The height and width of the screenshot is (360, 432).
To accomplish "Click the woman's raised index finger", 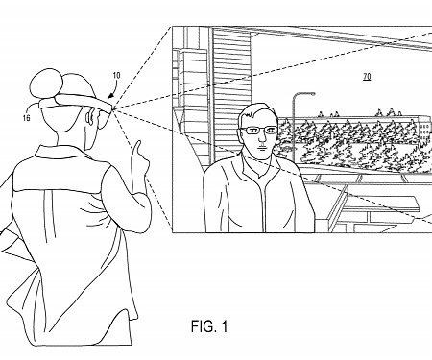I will [136, 146].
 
